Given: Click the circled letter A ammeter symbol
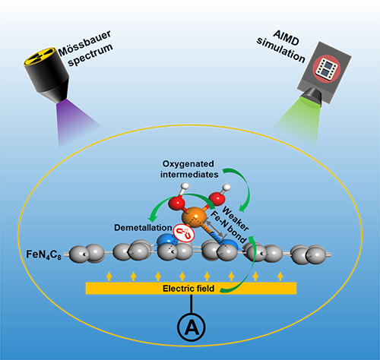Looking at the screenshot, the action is point(192,327).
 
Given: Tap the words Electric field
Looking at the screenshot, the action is point(188,289).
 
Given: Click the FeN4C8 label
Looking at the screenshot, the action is point(43,254).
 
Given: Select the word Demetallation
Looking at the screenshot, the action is point(143,228).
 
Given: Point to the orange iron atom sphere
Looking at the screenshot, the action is point(195,216).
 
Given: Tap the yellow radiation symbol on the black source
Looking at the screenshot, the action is point(40,56).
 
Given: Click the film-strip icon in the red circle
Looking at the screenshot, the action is point(326,68).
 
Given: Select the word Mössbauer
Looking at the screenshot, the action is point(84,43).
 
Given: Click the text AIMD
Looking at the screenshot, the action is point(287,37).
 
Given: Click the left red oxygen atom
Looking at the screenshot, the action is point(176,203).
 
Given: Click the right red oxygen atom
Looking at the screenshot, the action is point(217,198).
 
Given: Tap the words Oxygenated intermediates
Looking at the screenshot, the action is point(189,169).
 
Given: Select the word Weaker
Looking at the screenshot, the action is point(236,219).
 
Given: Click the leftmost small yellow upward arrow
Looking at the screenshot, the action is point(109,276).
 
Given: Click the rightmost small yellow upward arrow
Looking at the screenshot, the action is point(280,276).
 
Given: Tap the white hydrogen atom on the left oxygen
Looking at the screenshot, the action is point(185,187).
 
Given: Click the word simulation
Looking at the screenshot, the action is point(280,50).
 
